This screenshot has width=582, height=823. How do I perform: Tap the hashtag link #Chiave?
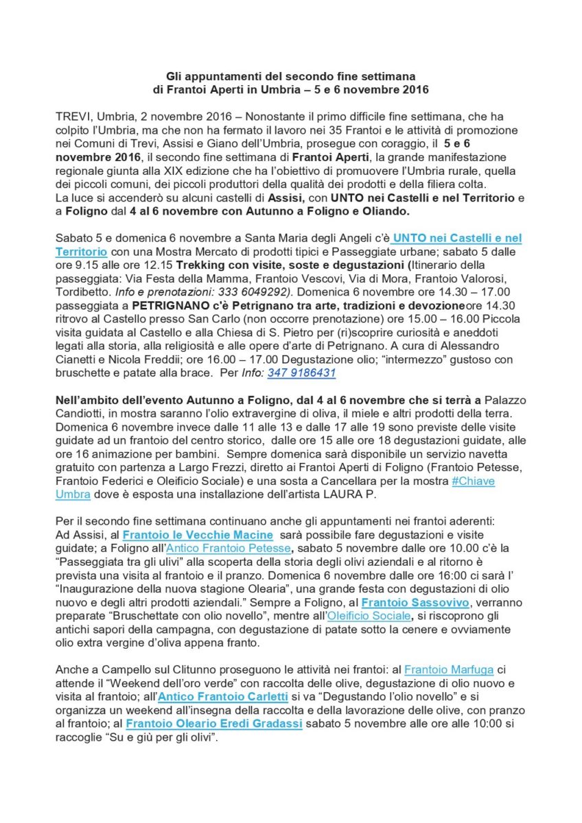coord(474,481)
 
